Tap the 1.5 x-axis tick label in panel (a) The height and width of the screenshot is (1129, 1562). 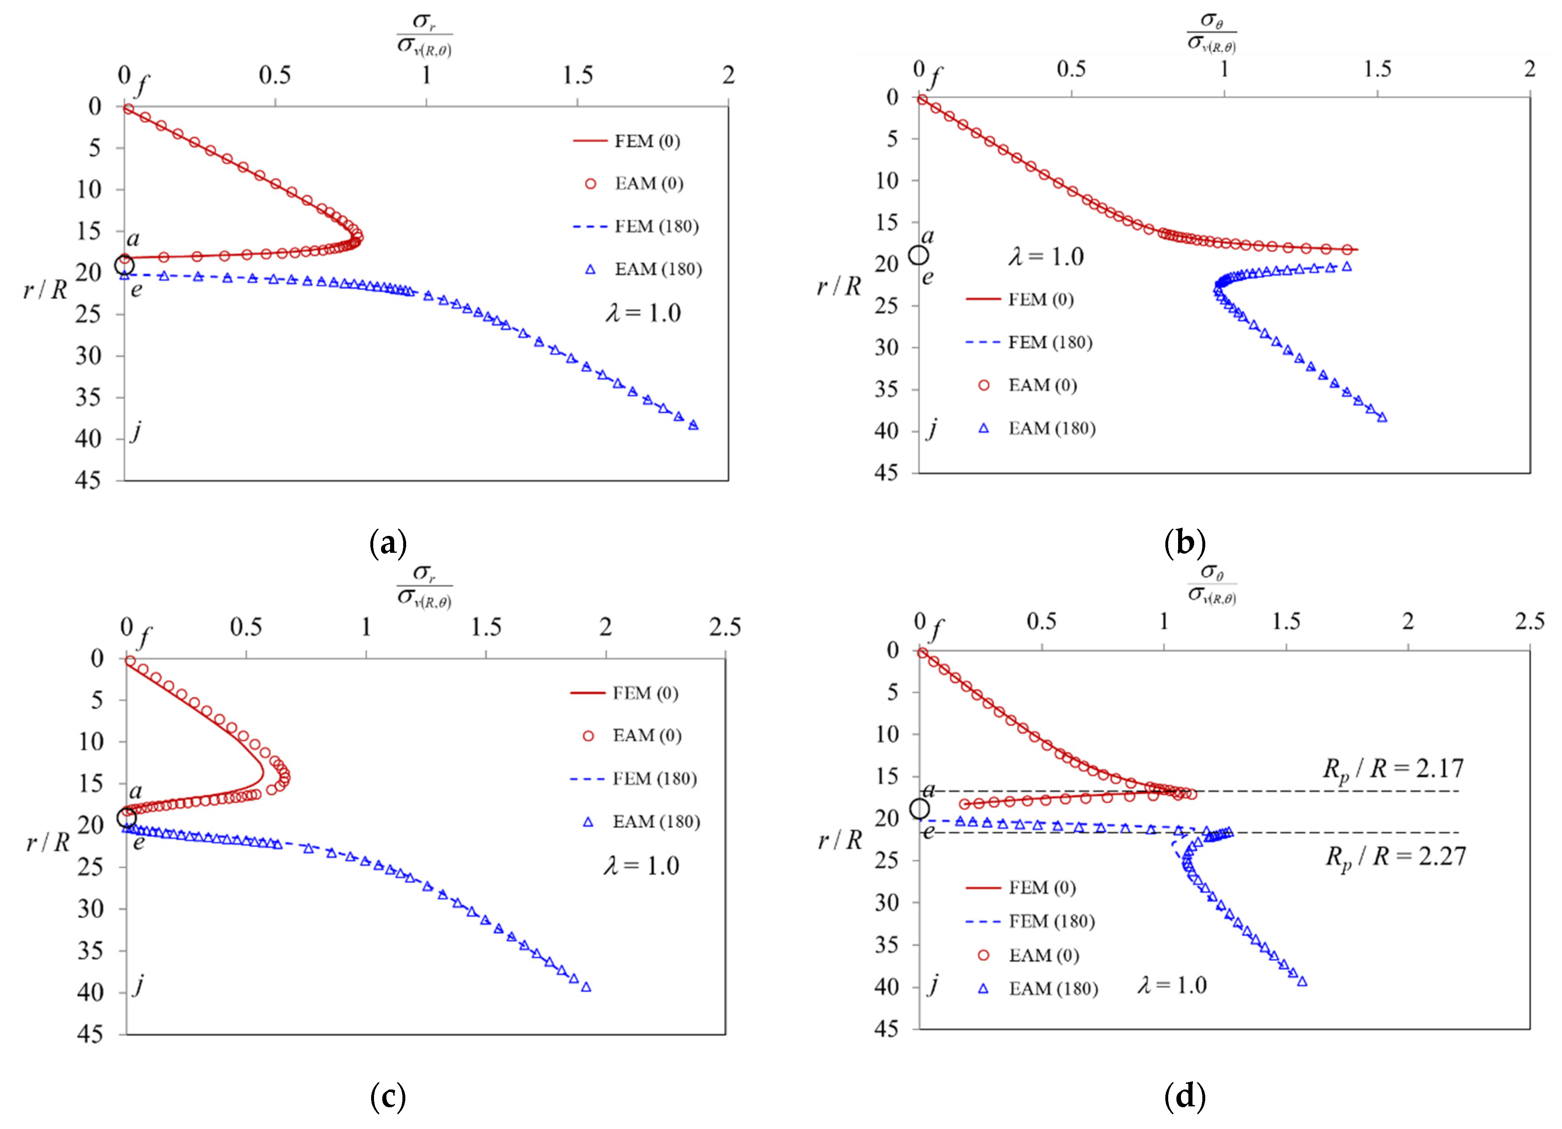577,74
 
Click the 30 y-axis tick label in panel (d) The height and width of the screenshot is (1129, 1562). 886,902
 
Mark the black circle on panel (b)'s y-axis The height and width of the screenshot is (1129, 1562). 919,255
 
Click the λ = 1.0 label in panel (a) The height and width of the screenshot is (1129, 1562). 643,313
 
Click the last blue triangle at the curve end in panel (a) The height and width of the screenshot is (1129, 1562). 693,425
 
